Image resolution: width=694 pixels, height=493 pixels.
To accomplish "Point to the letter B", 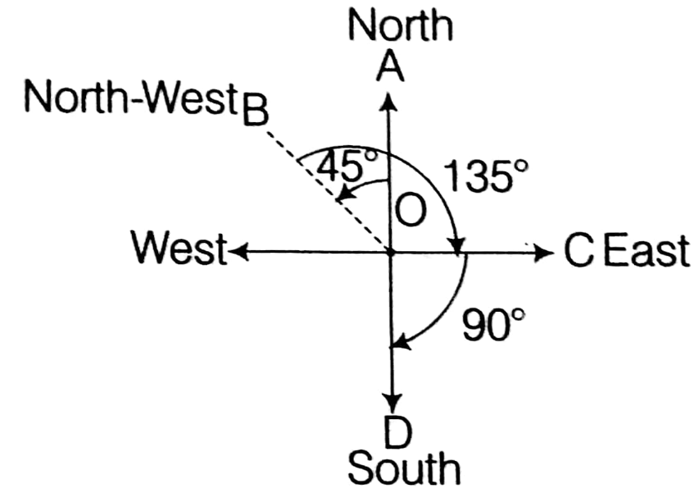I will coord(256,111).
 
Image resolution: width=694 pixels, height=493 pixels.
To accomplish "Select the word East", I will coord(646,253).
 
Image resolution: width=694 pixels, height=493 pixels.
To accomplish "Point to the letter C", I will coord(578,253).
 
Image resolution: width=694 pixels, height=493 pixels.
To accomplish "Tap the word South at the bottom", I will coord(402,468).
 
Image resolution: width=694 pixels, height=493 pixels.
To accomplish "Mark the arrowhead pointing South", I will coord(393,403).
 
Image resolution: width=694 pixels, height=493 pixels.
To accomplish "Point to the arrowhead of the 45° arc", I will coord(340,197).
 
